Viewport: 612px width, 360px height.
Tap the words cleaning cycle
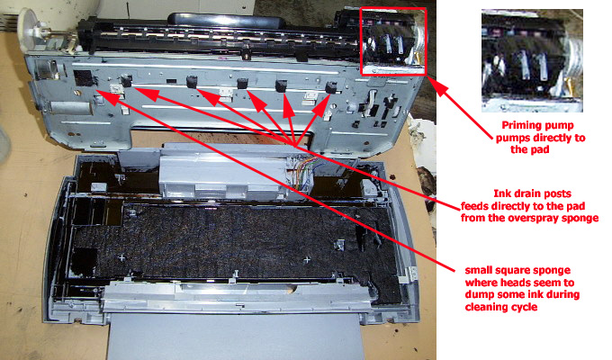pos(503,308)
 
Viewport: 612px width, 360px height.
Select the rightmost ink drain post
pos(332,87)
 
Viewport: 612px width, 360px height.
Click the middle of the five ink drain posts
pos(242,85)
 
